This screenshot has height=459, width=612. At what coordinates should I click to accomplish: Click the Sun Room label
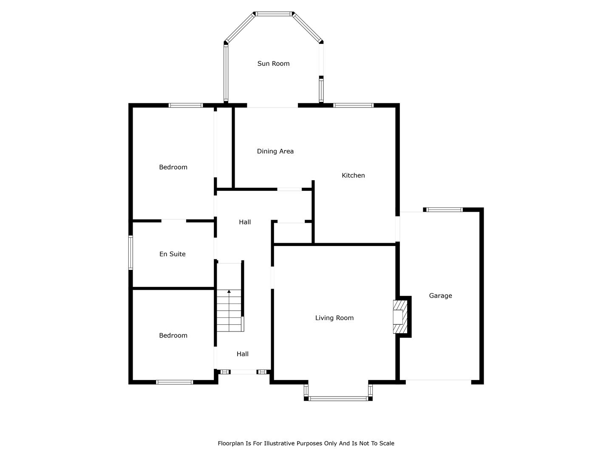pyautogui.click(x=273, y=64)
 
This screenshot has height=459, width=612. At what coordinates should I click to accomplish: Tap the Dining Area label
pyautogui.click(x=275, y=151)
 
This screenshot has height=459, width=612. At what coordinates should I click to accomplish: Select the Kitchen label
pyautogui.click(x=353, y=175)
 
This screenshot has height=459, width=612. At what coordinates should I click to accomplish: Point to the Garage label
pyautogui.click(x=441, y=296)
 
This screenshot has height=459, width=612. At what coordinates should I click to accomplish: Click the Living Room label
pyautogui.click(x=334, y=318)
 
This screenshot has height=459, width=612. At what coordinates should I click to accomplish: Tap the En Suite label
pyautogui.click(x=172, y=254)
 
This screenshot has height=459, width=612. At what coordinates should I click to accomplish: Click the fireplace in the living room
pyautogui.click(x=400, y=317)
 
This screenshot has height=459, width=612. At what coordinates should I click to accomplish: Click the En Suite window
pyautogui.click(x=130, y=253)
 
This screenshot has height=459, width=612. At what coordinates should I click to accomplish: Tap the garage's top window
pyautogui.click(x=445, y=210)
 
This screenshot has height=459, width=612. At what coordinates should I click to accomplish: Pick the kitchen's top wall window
pyautogui.click(x=353, y=105)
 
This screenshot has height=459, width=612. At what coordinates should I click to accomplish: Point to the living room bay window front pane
pyautogui.click(x=338, y=399)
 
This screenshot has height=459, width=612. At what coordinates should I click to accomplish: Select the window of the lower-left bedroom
pyautogui.click(x=175, y=382)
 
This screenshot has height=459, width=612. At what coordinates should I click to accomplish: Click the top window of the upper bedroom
pyautogui.click(x=185, y=105)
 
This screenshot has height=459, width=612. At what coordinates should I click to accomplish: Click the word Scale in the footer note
pyautogui.click(x=387, y=443)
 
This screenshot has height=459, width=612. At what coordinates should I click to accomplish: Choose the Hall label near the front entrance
pyautogui.click(x=243, y=354)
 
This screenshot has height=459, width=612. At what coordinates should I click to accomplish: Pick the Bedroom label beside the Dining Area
pyautogui.click(x=173, y=167)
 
